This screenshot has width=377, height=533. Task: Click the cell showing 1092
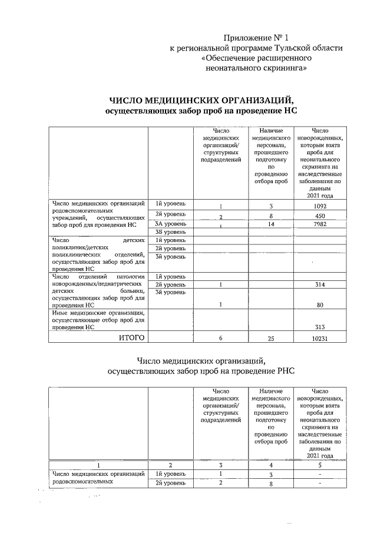pos(320,207)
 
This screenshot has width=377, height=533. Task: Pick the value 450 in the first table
pos(320,216)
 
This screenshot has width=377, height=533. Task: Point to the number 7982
pos(320,224)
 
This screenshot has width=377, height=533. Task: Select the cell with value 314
pos(320,284)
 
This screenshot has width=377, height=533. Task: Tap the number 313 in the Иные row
pos(320,327)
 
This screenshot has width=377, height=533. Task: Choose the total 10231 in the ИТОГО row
pos(320,338)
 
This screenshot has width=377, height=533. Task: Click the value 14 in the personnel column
pos(270,224)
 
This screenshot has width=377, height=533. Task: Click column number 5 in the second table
pos(320,465)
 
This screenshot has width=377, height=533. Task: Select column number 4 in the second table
pos(270,465)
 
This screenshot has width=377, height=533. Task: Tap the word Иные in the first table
pos(61,313)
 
